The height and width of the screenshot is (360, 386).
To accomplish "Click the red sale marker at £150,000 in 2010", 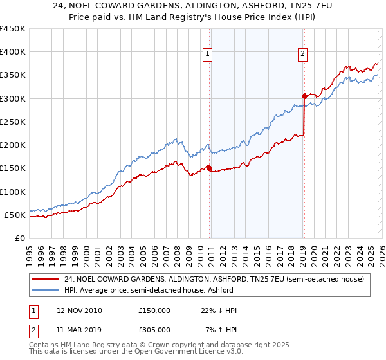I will pyautogui.click(x=209, y=168).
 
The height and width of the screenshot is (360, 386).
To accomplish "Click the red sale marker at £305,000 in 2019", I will pyautogui.click(x=304, y=96).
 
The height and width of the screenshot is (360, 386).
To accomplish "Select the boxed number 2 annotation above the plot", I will pyautogui.click(x=302, y=55).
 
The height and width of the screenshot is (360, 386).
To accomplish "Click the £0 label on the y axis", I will pyautogui.click(x=20, y=238).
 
